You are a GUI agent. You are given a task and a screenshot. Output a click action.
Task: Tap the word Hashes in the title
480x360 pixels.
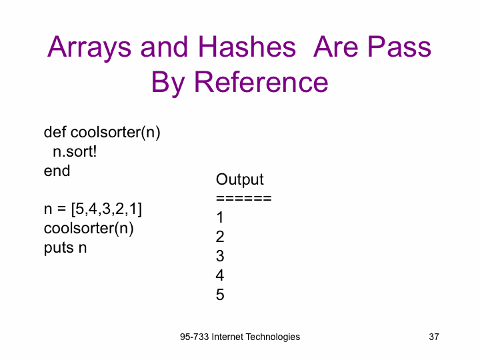pyautogui.click(x=247, y=47)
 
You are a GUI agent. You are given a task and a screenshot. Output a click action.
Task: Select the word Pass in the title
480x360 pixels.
pyautogui.click(x=399, y=47)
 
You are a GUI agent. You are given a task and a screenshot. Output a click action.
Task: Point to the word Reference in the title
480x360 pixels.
pyautogui.click(x=261, y=82)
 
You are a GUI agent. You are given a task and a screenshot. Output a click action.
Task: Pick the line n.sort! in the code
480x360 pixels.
pyautogui.click(x=75, y=151)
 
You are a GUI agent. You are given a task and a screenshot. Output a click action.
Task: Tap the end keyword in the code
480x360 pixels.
pyautogui.click(x=57, y=171)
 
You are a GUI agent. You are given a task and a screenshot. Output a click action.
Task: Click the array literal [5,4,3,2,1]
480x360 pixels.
pyautogui.click(x=107, y=209)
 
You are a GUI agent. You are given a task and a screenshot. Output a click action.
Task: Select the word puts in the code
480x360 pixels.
pyautogui.click(x=59, y=247)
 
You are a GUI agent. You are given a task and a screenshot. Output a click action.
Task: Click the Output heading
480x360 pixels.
pyautogui.click(x=240, y=179)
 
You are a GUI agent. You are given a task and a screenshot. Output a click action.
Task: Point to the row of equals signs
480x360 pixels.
pyautogui.click(x=244, y=199)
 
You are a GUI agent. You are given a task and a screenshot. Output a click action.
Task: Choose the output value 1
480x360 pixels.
pyautogui.click(x=220, y=217)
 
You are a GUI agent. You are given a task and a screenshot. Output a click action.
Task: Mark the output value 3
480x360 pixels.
pyautogui.click(x=220, y=256)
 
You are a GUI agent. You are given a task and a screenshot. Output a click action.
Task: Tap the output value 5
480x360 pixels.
pyautogui.click(x=220, y=295)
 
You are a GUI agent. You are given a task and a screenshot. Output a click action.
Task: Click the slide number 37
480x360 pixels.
pyautogui.click(x=434, y=337)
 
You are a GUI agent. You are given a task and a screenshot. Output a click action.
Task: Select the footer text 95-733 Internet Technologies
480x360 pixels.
pyautogui.click(x=240, y=337)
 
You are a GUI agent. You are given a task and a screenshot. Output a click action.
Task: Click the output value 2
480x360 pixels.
pyautogui.click(x=220, y=237)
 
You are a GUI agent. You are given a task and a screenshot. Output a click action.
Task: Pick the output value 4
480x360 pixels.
pyautogui.click(x=220, y=275)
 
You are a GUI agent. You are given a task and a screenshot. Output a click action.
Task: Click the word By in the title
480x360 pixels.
pyautogui.click(x=168, y=83)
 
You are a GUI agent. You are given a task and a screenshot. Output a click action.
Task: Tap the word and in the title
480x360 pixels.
pyautogui.click(x=164, y=47)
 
